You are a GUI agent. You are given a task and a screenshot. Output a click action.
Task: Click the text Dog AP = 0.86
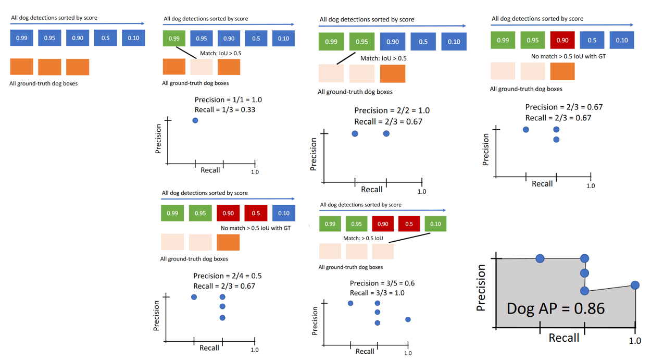click(x=555, y=308)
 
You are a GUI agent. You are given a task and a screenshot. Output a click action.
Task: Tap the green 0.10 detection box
click(x=435, y=224)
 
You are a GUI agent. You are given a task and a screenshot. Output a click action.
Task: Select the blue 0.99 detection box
click(x=21, y=38)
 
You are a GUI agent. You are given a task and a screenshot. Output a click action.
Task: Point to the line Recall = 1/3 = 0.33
click(x=225, y=109)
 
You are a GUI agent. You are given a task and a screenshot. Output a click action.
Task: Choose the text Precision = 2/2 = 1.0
click(x=392, y=110)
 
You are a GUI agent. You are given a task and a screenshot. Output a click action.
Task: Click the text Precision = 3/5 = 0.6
click(x=382, y=283)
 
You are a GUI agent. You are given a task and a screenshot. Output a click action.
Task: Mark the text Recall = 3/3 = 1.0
click(x=377, y=293)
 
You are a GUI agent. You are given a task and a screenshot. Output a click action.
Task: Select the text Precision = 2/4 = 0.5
click(x=228, y=276)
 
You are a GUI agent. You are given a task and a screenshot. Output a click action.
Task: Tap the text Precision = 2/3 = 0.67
click(x=564, y=107)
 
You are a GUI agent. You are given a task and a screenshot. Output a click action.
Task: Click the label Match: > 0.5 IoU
click(x=363, y=238)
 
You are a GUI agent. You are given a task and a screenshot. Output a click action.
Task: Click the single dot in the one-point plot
click(x=195, y=120)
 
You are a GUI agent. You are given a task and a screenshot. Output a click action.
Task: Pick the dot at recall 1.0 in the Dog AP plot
click(x=635, y=285)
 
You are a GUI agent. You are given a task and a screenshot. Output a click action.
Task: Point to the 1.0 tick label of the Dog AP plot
click(x=635, y=341)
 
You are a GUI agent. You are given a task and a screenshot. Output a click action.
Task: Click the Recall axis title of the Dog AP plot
click(x=564, y=338)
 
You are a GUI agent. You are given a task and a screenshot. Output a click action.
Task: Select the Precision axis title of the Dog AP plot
click(x=481, y=288)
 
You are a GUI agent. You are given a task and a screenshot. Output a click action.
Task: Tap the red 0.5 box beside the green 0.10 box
click(x=409, y=224)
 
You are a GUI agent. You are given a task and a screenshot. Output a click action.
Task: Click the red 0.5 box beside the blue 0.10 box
click(x=256, y=213)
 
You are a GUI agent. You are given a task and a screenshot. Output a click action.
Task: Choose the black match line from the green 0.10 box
click(x=409, y=238)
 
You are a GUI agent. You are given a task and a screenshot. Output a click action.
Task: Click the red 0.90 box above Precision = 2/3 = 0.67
click(x=562, y=40)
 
